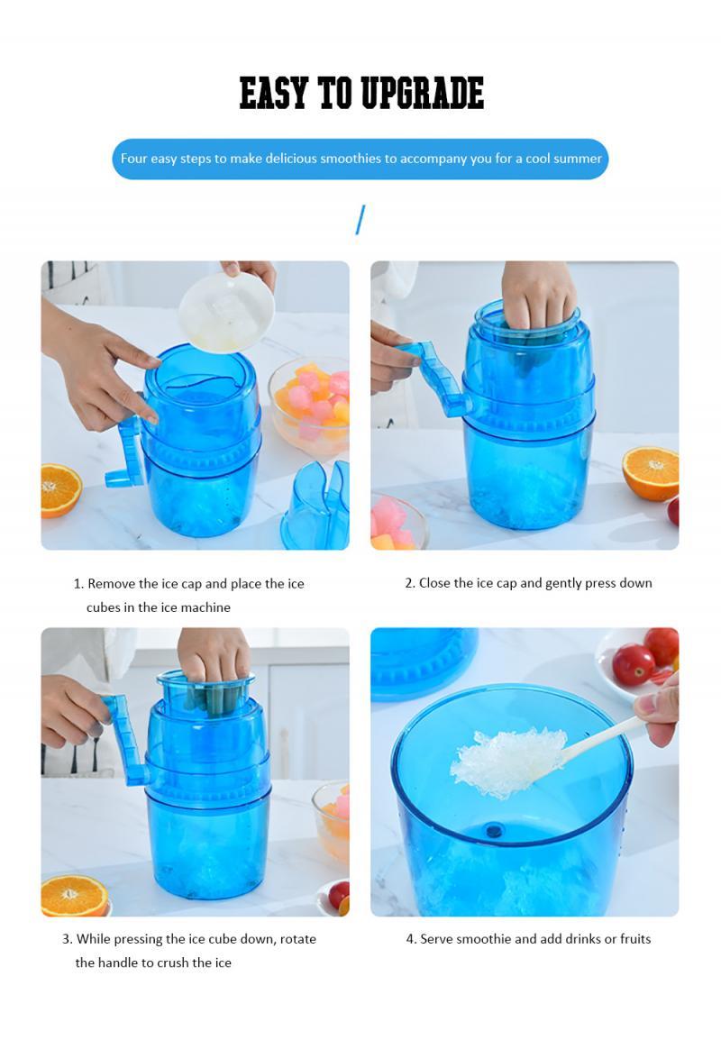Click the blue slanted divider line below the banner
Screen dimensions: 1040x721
[x=360, y=220]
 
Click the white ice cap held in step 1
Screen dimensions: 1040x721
[x=225, y=312]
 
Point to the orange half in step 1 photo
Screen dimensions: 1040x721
[x=60, y=490]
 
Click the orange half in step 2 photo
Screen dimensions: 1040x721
[x=651, y=473]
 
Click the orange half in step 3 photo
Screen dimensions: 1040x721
[x=74, y=896]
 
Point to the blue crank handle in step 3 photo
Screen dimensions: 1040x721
[x=126, y=739]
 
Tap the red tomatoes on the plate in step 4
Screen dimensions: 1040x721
[x=644, y=658]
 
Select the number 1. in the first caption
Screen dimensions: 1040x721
[x=78, y=584]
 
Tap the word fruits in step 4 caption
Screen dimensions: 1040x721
[x=630, y=939]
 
